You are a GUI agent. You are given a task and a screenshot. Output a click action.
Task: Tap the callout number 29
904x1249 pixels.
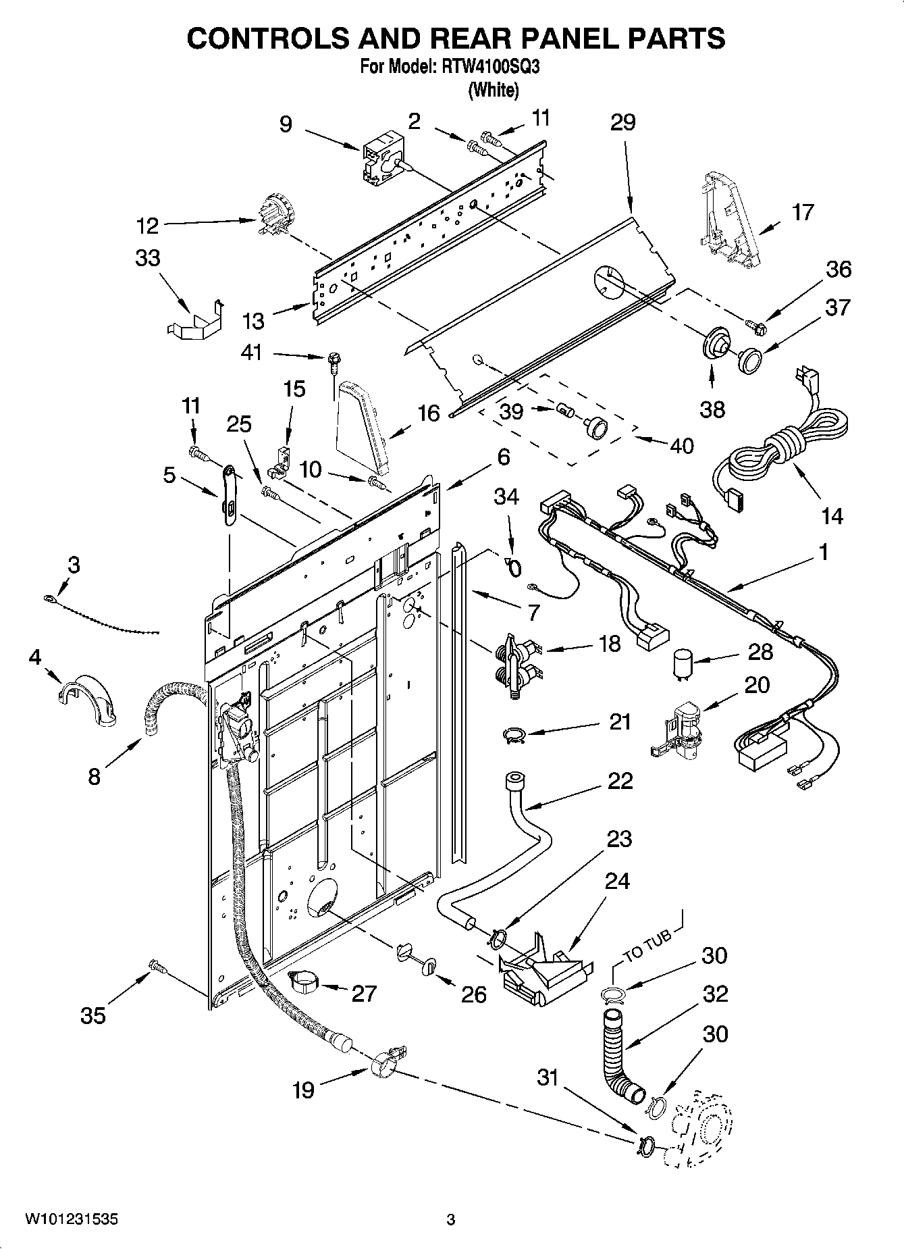(x=622, y=122)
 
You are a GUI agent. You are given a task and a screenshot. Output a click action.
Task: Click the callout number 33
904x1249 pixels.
(x=148, y=258)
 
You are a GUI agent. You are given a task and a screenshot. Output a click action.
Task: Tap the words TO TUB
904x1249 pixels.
(x=647, y=946)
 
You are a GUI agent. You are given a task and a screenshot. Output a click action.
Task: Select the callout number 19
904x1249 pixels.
(x=304, y=1090)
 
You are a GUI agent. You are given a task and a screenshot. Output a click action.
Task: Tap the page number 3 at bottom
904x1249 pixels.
(x=451, y=1219)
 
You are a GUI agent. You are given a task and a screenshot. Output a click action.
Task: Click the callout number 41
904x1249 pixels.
(x=251, y=352)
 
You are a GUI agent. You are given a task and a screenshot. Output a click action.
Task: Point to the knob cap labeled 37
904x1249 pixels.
(x=748, y=359)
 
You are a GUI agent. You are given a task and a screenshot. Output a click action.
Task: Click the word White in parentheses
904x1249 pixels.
(x=494, y=90)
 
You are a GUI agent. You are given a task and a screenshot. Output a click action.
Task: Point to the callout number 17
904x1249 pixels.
(x=802, y=212)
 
